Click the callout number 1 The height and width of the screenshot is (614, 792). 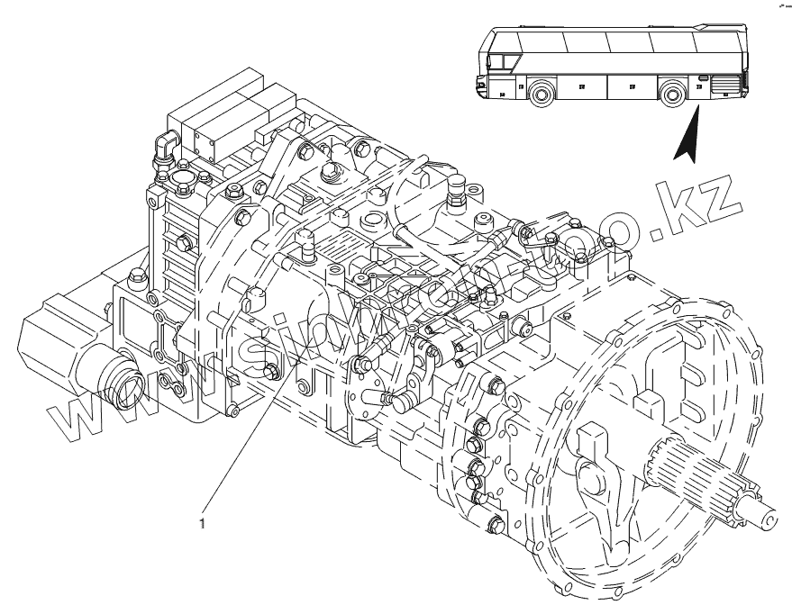[x=203, y=519]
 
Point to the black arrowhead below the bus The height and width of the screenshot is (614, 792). [x=687, y=140]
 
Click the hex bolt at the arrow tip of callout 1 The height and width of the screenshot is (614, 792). [x=273, y=371]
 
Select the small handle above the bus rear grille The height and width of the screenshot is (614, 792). [x=702, y=79]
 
